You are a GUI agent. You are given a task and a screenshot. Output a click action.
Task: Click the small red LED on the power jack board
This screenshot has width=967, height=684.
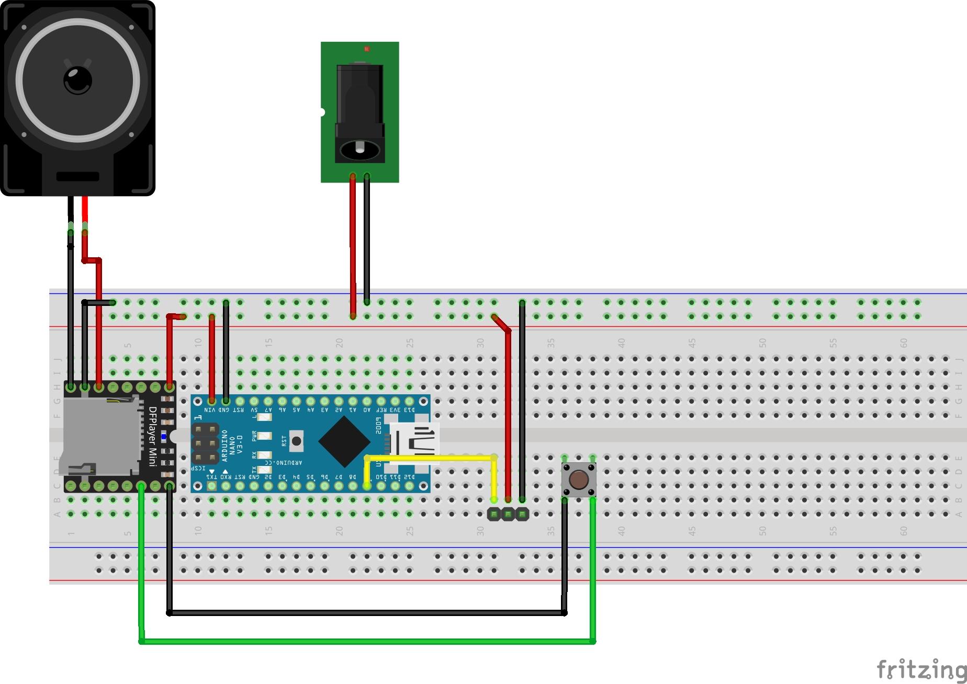[x=367, y=49]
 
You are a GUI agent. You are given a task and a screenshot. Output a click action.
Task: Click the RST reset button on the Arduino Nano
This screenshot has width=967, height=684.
[x=296, y=441]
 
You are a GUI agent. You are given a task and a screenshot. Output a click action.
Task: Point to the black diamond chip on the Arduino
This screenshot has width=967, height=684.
[x=344, y=442]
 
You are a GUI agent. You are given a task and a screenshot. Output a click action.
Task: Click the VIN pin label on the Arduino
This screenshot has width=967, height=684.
[x=210, y=410]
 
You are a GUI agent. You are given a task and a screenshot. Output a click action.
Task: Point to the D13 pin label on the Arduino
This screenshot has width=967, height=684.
[x=409, y=410]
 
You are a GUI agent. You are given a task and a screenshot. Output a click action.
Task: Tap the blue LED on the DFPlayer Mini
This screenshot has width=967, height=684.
[x=163, y=436]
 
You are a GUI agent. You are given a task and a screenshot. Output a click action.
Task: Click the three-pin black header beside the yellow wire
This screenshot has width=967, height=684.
[x=508, y=514]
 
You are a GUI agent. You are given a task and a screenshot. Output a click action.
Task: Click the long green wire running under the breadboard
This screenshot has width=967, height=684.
[x=366, y=641]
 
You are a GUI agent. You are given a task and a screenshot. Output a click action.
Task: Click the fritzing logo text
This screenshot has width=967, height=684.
[x=921, y=669]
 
